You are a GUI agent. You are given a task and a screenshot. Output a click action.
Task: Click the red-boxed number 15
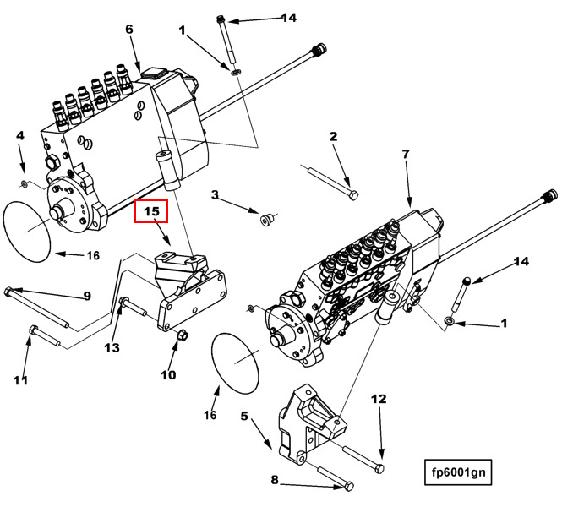pos(152,210)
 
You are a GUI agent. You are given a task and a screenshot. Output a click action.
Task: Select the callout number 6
pos(129,30)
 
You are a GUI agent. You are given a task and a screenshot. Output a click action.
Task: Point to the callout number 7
pos(406,155)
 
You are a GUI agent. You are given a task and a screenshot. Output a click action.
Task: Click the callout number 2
pos(333,136)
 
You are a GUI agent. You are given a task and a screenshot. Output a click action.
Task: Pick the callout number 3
pos(215,195)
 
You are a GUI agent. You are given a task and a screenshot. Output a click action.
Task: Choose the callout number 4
pos(20,135)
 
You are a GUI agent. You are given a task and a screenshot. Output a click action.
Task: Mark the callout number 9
pos(86,296)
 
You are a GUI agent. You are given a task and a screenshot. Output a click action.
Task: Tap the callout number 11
pos(20,379)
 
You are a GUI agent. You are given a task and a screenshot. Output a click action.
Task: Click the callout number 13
pos(112,347)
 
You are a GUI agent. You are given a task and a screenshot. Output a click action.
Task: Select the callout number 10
pos(168,374)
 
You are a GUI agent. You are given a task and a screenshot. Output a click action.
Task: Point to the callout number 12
pos(379,399)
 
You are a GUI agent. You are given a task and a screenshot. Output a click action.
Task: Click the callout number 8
pos(274,480)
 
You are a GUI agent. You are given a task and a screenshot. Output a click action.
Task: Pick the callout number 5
pos(244,416)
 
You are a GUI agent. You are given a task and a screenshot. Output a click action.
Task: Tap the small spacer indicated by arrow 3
pos(267,221)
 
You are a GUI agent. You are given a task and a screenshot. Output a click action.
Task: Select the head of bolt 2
pos(353,195)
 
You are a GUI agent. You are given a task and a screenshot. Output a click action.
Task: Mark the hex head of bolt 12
pos(379,467)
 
